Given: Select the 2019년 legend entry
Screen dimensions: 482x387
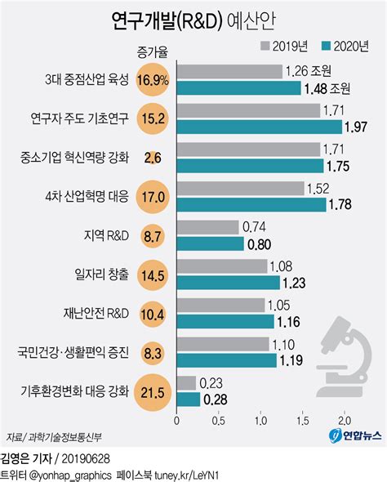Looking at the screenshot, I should click(x=284, y=46).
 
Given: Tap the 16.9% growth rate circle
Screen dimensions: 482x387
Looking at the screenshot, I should click(x=153, y=81).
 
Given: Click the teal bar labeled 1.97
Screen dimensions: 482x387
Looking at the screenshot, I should click(x=259, y=126).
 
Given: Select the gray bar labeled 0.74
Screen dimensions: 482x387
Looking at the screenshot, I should click(x=207, y=226).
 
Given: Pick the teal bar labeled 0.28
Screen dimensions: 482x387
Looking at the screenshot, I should click(x=188, y=399).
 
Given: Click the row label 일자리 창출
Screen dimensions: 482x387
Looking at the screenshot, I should click(x=99, y=274).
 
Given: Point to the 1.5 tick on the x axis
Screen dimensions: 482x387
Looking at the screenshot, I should click(x=303, y=421).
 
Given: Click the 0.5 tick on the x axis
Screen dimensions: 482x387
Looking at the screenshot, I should click(x=219, y=421).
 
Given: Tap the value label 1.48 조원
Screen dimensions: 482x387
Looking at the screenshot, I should click(x=327, y=87).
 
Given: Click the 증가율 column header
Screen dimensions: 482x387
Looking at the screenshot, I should click(x=153, y=53).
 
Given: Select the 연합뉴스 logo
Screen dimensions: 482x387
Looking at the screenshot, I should click(x=355, y=436).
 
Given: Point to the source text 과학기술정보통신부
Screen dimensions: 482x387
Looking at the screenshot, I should click(x=69, y=436).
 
